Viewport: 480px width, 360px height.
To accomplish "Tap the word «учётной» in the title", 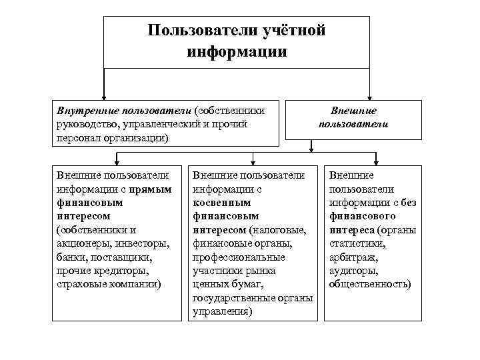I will (295, 31).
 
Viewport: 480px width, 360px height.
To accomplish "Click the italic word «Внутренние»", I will (83, 110).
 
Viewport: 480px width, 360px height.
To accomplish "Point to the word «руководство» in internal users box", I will (87, 123).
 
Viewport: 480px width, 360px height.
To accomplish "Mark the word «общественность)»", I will (369, 283).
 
